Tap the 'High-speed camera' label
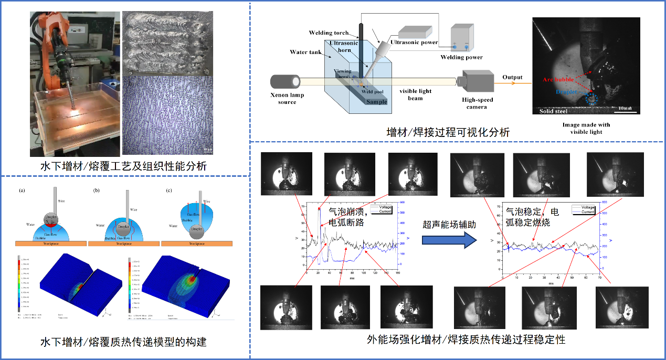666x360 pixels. click(478, 103)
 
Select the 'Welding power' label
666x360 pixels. click(461, 57)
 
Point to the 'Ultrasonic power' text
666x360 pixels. click(414, 42)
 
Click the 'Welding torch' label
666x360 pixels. click(328, 33)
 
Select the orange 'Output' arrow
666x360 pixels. click(512, 82)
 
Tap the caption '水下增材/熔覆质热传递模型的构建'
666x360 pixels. click(123, 342)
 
